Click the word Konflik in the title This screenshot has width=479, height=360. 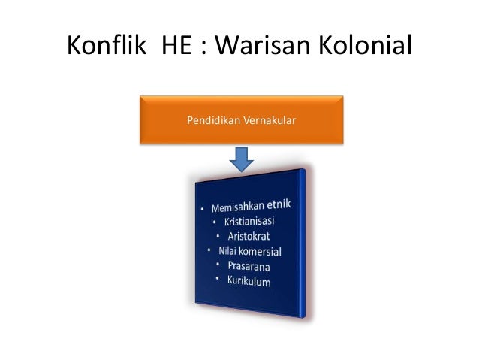[107, 47]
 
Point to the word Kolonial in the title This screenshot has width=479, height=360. [369, 47]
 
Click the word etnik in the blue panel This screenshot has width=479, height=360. [285, 202]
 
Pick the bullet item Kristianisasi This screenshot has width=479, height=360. [248, 222]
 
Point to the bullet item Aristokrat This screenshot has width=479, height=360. [253, 237]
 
